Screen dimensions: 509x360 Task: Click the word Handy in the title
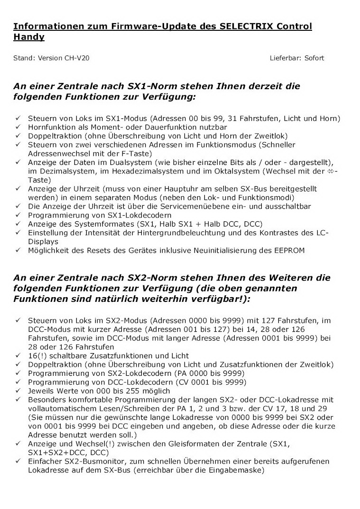29,36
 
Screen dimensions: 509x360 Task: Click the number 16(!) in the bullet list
37,355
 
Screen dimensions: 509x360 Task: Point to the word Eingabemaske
237,470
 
